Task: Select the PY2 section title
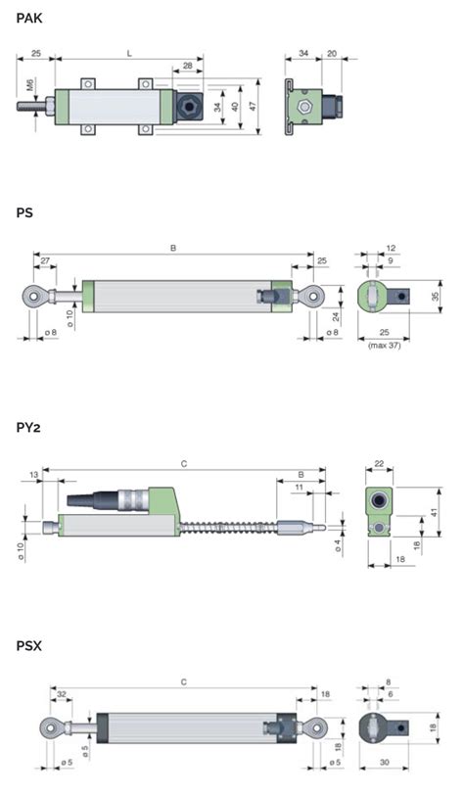[29, 428]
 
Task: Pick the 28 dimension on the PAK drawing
[187, 66]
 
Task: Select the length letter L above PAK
[129, 53]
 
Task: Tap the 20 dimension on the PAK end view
[332, 53]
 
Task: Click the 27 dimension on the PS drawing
[45, 261]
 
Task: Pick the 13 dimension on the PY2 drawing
[35, 475]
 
